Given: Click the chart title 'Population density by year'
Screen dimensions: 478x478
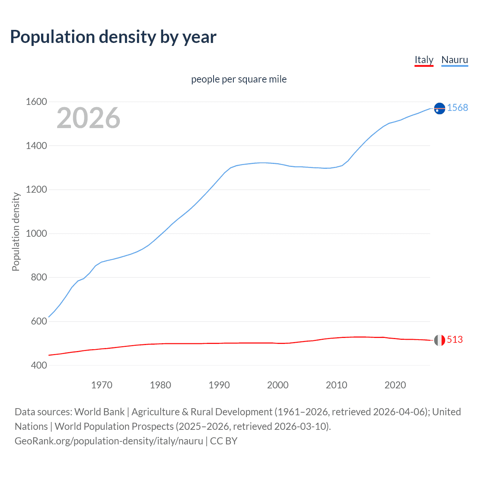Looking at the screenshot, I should point(113,37).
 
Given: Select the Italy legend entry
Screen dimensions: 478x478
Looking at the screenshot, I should point(424,60).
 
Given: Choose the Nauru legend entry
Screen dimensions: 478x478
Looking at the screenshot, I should point(454,60).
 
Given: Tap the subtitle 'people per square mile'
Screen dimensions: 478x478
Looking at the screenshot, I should point(239,79).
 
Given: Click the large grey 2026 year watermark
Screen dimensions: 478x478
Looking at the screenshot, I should point(89,118).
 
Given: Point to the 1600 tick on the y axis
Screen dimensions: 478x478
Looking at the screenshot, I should point(36,102).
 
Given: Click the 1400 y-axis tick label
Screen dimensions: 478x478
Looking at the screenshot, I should point(36,146).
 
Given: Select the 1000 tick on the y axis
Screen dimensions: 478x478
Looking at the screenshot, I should point(36,233).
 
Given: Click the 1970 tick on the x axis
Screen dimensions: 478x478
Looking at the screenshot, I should point(102,385).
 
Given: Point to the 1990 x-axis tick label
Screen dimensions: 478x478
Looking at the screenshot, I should point(219,385).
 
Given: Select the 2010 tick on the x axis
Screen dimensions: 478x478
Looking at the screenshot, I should point(336,385).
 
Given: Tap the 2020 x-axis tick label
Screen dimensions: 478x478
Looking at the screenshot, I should point(395,385).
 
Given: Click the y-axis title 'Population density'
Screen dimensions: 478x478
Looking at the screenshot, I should point(16,232).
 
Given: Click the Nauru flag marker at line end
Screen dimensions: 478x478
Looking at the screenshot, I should point(440,108).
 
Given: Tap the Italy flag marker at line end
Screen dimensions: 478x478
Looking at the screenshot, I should point(440,340).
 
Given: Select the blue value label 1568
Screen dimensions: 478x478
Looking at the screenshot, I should point(457,108).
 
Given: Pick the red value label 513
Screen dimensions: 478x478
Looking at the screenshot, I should point(455,339).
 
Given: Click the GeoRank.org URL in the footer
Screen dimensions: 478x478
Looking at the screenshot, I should point(109,441).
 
